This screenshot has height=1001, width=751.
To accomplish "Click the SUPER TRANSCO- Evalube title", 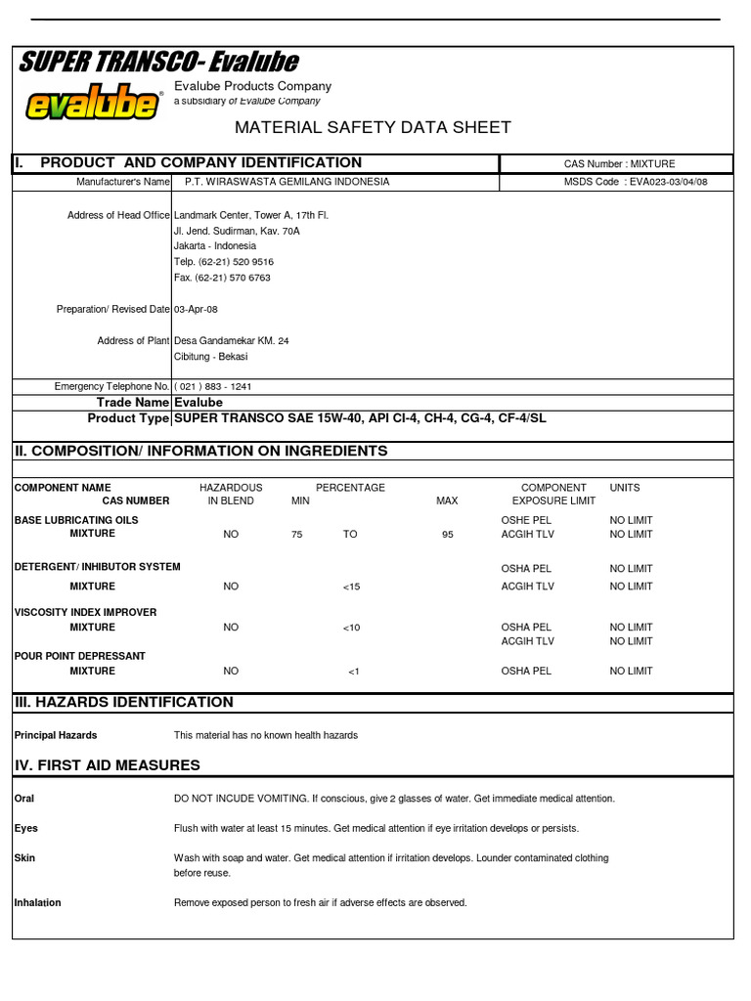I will [x=159, y=63].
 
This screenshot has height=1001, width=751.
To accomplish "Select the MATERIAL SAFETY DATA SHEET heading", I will [x=372, y=128].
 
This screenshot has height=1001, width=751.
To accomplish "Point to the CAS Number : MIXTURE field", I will [x=619, y=163].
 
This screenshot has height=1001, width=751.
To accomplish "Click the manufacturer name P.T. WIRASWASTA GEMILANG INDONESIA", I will [x=287, y=182].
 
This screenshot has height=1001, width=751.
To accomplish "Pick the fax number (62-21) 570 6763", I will [x=223, y=278].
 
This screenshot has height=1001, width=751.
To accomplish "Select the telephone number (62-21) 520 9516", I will [x=224, y=262].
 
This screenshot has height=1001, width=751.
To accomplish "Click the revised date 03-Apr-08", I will [x=196, y=309].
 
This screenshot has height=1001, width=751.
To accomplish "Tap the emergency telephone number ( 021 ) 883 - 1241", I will [x=212, y=386].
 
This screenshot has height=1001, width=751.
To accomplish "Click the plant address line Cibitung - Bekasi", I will [x=210, y=356].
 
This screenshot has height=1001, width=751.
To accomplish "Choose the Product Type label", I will [x=128, y=418].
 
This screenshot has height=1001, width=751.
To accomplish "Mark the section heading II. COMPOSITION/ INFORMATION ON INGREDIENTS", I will [x=200, y=451].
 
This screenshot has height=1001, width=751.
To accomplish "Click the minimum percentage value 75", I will [x=297, y=535].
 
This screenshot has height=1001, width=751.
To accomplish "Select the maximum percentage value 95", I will [x=447, y=535].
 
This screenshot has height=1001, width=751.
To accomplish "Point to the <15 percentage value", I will [x=352, y=587].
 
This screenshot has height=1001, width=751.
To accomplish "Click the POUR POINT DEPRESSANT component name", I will [x=79, y=655].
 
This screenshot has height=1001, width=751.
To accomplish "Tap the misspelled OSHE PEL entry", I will [x=526, y=520].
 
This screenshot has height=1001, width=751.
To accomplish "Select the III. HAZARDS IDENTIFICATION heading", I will [x=123, y=702].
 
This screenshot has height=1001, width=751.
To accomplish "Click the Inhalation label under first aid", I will [x=37, y=902].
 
